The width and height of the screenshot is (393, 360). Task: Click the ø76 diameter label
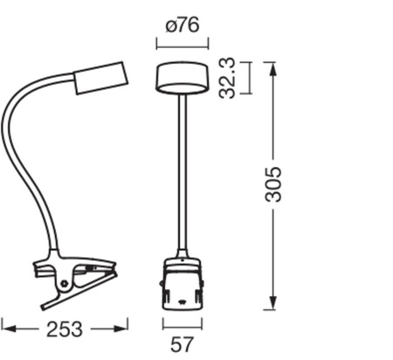pyautogui.click(x=182, y=24)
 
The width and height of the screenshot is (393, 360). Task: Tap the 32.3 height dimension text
pyautogui.click(x=229, y=78)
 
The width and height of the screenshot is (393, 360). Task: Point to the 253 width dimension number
pyautogui.click(x=65, y=329)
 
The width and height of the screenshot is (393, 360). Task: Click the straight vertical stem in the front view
pyautogui.click(x=183, y=175)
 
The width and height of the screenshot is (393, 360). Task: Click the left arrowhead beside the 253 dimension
pyautogui.click(x=7, y=329)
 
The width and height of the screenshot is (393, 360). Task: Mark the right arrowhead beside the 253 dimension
pyautogui.click(x=123, y=329)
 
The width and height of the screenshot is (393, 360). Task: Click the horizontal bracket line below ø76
pyautogui.click(x=182, y=43)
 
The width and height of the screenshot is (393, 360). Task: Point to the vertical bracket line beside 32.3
pyautogui.click(x=252, y=77)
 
